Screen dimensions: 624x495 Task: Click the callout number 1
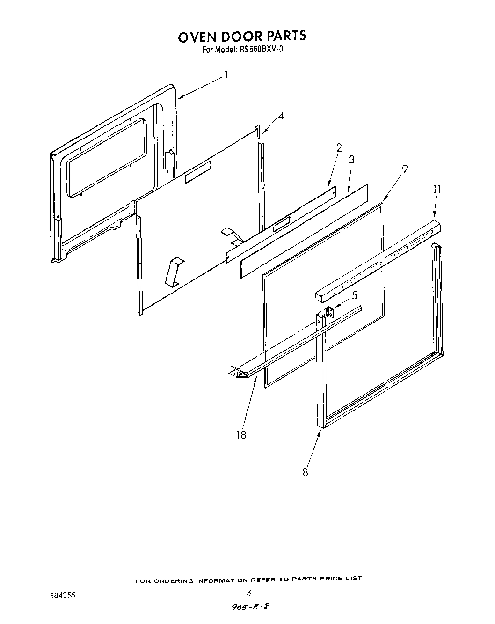[226, 75]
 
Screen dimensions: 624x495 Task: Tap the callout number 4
[281, 116]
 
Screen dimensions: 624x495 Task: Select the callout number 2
[339, 148]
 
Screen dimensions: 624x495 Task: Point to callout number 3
[351, 160]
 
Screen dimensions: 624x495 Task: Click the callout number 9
[405, 168]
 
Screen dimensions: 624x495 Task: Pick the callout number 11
[437, 189]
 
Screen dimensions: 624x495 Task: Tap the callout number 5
[354, 295]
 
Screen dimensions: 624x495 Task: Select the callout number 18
[241, 435]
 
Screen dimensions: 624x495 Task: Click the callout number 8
[305, 472]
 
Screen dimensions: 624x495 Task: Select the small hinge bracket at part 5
[329, 313]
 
